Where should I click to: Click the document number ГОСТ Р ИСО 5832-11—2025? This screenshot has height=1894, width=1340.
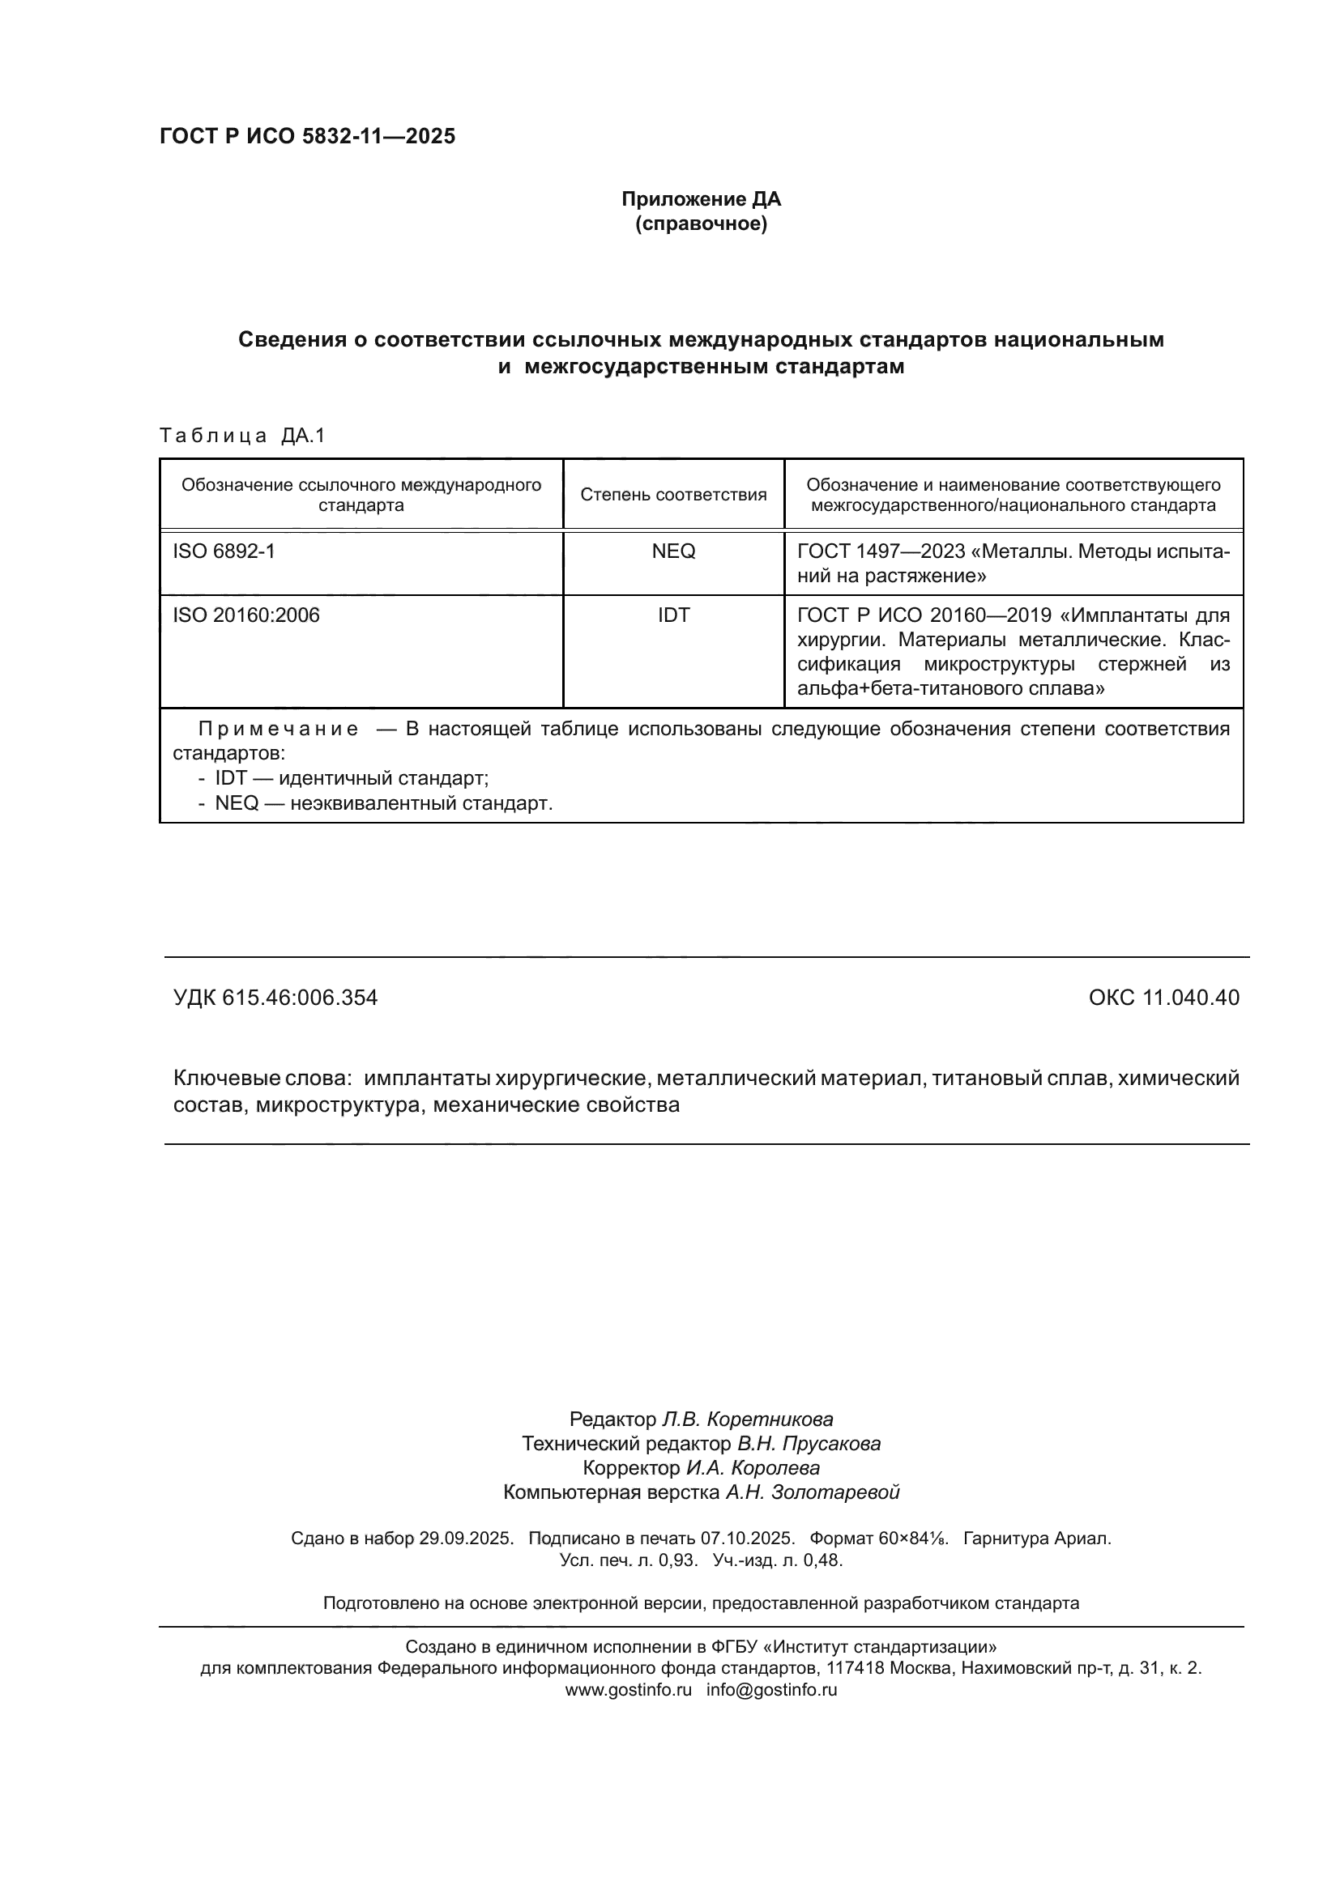307,136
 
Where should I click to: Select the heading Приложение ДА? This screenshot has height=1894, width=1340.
701,199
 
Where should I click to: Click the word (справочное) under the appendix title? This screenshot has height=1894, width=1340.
701,223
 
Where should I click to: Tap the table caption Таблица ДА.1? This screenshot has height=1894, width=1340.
241,436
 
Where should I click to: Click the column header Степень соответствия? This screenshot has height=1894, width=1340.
673,494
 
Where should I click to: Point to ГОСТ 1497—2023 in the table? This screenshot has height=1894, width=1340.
881,551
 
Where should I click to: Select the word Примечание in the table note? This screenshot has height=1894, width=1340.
278,730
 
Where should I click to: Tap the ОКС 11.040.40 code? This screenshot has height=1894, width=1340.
1163,998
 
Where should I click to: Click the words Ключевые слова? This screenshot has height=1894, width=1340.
262,1078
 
